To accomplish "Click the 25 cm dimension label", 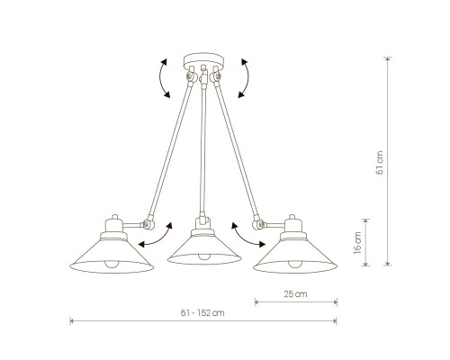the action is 295,294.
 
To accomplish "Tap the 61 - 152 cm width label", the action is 202,313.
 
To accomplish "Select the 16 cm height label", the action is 357,243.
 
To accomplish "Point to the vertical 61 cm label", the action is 380,163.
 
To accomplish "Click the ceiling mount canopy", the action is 203,61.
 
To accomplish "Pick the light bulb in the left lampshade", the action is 112,264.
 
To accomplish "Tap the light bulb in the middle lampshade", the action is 204,256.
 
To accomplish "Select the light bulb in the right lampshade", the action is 295,264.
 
